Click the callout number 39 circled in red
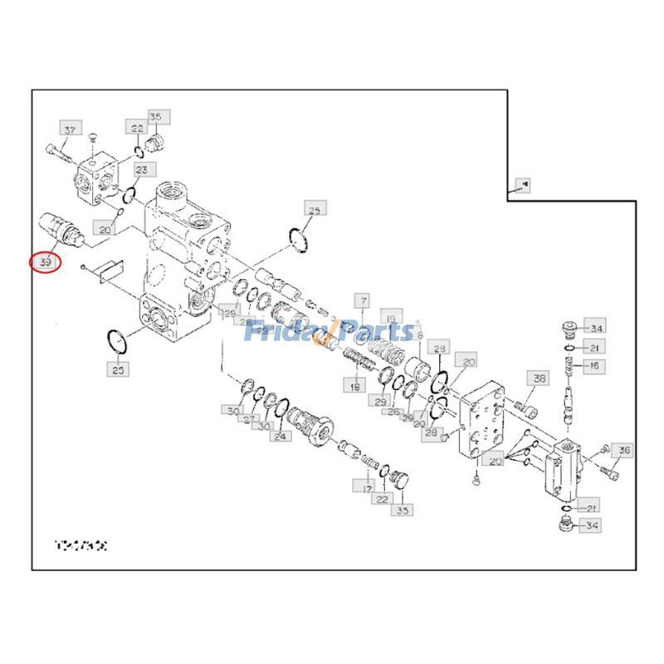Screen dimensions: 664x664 [x=45, y=262]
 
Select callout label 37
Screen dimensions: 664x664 [x=70, y=130]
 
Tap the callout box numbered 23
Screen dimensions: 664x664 [x=142, y=170]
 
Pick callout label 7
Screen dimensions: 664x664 [x=362, y=299]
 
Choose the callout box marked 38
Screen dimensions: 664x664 [x=539, y=378]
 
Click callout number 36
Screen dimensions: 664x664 [x=623, y=451]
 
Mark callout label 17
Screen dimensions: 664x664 [x=366, y=489]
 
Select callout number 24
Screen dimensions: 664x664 [x=281, y=436]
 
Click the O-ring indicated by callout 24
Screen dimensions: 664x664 [x=282, y=406]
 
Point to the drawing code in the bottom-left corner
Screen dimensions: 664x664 [x=81, y=546]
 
